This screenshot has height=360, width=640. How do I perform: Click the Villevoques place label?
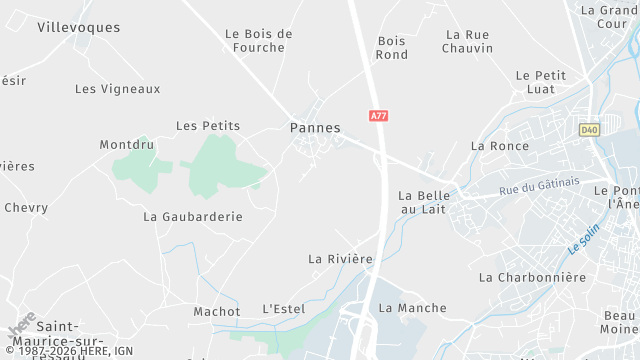tap(78, 27)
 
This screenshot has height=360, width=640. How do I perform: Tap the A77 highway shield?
tap(378, 116)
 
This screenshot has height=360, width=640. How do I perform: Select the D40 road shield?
tap(588, 129)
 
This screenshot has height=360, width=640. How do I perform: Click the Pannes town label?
tap(315, 128)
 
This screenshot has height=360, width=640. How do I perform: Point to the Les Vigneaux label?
tap(118, 89)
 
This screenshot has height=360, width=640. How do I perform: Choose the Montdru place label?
tap(127, 145)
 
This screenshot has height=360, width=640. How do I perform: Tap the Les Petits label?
tap(208, 126)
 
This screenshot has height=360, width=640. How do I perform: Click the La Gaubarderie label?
tap(193, 216)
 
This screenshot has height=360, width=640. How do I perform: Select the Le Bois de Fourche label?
tap(259, 40)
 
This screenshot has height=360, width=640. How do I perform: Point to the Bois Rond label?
tap(392, 48)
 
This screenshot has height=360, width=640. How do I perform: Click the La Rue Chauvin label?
tap(469, 41)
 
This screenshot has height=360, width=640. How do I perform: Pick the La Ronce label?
tap(499, 146)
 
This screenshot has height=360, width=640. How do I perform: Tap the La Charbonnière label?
tap(532, 277)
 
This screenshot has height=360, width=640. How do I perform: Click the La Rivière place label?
tap(341, 259)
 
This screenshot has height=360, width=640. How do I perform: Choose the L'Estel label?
tap(283, 309)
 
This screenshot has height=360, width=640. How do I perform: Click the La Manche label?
tap(413, 308)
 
